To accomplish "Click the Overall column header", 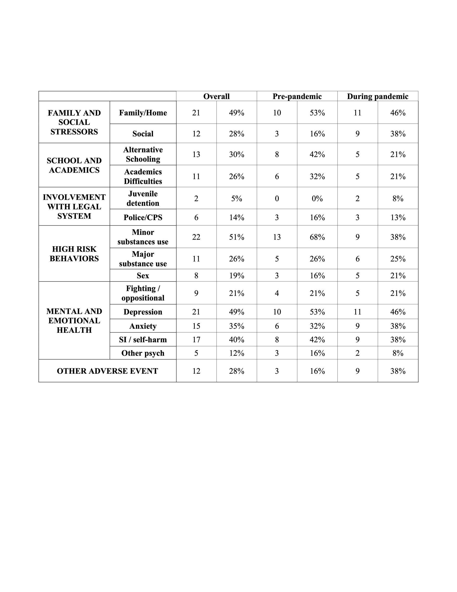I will (216, 96).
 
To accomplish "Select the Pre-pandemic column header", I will (297, 96).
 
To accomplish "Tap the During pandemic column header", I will (377, 96).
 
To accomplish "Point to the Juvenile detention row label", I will (143, 198).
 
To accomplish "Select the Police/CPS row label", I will (143, 217).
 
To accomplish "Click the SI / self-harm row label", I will (143, 339).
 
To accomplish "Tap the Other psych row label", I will (143, 353).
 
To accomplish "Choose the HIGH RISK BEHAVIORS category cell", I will (74, 253).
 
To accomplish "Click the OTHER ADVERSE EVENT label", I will (107, 371).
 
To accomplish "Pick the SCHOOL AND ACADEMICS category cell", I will (74, 165).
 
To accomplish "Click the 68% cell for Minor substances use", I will (317, 237).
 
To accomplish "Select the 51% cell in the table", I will (237, 237).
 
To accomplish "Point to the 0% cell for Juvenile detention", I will (317, 198).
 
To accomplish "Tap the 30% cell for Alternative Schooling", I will (237, 154).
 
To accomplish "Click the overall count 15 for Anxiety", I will (196, 326).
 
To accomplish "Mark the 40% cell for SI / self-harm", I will (237, 339).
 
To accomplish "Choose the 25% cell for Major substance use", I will (398, 259).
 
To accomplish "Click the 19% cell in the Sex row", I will (237, 275).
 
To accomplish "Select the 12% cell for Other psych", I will (237, 353).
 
